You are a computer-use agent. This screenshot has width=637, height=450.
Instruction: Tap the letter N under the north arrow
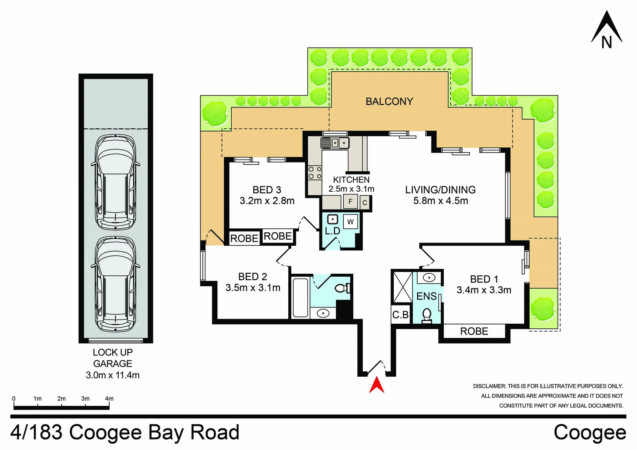point(606,42)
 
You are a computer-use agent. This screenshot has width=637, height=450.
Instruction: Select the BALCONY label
point(389,102)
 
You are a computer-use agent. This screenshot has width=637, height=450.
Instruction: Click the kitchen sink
point(335,143)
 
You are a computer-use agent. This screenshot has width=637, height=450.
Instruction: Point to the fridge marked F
point(350,201)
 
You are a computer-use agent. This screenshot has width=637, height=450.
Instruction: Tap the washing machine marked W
point(350,222)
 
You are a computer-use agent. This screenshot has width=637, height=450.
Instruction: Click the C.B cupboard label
point(400,315)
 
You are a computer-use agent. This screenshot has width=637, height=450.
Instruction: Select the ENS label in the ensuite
point(426,296)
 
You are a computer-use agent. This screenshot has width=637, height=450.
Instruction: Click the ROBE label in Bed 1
point(474,331)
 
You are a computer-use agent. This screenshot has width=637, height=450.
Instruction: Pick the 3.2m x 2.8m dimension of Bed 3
point(267,201)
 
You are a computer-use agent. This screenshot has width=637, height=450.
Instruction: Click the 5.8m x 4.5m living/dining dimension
point(440,201)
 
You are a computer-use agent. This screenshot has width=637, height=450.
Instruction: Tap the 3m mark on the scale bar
point(85,399)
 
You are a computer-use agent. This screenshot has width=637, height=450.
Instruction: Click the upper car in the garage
point(115,182)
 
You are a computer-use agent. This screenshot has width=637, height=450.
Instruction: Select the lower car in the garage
point(115,284)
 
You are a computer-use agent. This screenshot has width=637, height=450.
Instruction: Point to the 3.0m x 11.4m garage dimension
point(112,375)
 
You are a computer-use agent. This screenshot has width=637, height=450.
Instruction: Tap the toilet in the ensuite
point(427,316)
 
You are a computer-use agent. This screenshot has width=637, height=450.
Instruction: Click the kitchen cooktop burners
point(315,172)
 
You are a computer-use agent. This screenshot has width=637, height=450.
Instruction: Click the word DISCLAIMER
point(490,386)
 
